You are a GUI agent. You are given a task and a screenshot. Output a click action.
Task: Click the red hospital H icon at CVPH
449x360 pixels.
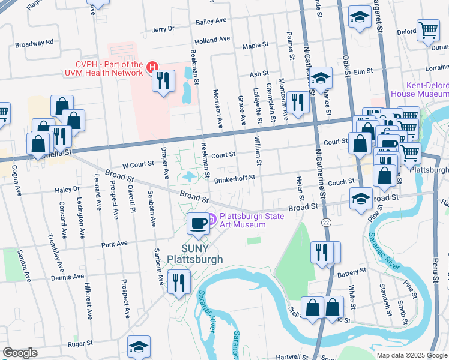pyautogui.click(x=153, y=68)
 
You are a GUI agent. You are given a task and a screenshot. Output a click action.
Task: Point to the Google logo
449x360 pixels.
pyautogui.click(x=20, y=352)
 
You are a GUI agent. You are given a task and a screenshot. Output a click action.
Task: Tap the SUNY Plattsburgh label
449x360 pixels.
pyautogui.click(x=194, y=254)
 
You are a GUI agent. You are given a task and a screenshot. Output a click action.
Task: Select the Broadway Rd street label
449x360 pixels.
pyautogui.click(x=34, y=43)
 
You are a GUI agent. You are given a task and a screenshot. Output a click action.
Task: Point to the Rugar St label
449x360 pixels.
pyautogui.click(x=80, y=344)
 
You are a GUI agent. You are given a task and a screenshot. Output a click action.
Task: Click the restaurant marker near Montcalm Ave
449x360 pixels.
pyautogui.click(x=298, y=102)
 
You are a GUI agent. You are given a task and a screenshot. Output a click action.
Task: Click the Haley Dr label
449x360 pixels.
pyautogui.click(x=67, y=189)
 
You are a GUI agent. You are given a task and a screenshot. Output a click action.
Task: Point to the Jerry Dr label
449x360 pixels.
pyautogui.click(x=163, y=29)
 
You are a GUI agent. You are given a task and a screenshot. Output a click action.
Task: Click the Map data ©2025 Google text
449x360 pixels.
pyautogui.click(x=412, y=355)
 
